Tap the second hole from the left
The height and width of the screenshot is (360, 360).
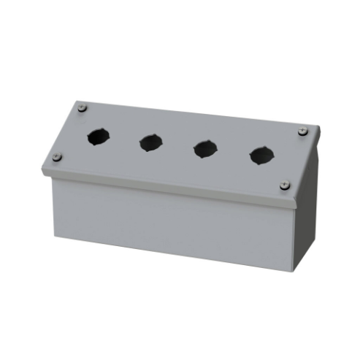pyautogui.click(x=150, y=142)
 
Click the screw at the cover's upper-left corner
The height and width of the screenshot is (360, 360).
pyautogui.click(x=83, y=109)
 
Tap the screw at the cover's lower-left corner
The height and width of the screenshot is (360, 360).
pyautogui.click(x=58, y=156)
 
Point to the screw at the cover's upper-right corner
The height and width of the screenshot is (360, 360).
pyautogui.click(x=302, y=131)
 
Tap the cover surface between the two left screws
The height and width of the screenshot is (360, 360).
pyautogui.click(x=71, y=133)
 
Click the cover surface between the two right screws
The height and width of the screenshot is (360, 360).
pyautogui.click(x=294, y=158)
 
